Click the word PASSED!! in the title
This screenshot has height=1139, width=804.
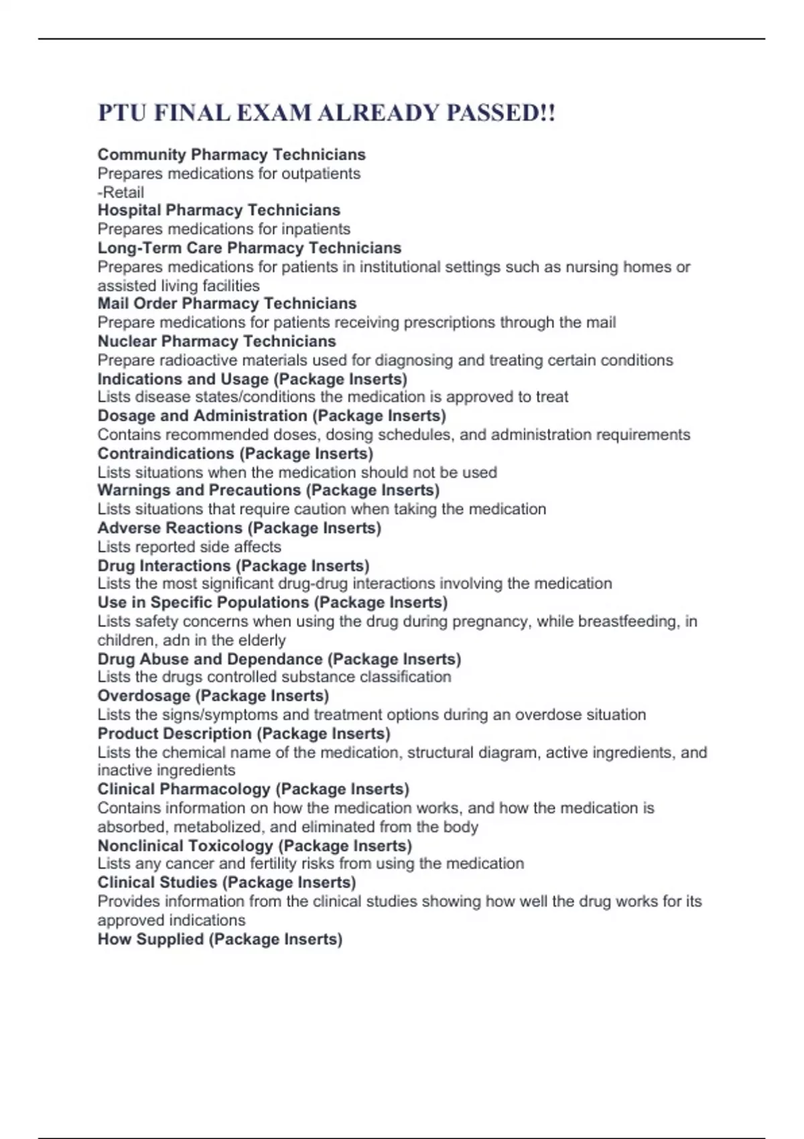[500, 113]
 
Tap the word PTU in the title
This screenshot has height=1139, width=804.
[122, 113]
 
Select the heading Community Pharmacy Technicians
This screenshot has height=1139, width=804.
[231, 155]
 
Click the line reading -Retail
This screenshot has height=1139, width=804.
[121, 192]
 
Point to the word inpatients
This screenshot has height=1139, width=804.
[314, 229]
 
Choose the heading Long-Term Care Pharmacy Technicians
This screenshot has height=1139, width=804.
[249, 248]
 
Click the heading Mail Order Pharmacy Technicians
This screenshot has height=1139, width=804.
[226, 304]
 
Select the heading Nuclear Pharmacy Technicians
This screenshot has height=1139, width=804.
[216, 342]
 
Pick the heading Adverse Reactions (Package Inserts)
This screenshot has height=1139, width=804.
[239, 528]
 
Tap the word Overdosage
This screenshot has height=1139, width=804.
[144, 696]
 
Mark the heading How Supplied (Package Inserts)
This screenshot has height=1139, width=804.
[220, 939]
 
